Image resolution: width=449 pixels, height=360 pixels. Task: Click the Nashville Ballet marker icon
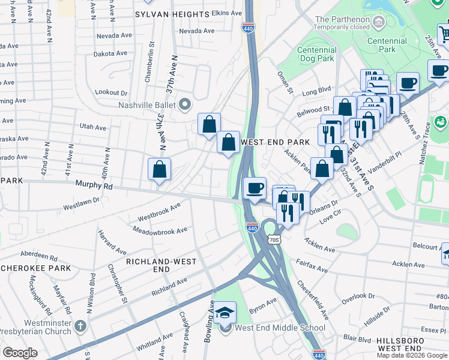point(185,105)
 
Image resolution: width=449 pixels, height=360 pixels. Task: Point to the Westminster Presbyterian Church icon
point(80,328)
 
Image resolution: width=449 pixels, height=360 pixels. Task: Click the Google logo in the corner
point(20,353)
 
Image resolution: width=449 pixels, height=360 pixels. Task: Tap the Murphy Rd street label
point(94,187)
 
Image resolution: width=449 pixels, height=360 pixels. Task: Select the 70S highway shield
point(274,239)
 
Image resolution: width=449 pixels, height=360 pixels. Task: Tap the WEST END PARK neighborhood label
point(275,142)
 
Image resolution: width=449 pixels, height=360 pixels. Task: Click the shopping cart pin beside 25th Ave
point(444,34)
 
